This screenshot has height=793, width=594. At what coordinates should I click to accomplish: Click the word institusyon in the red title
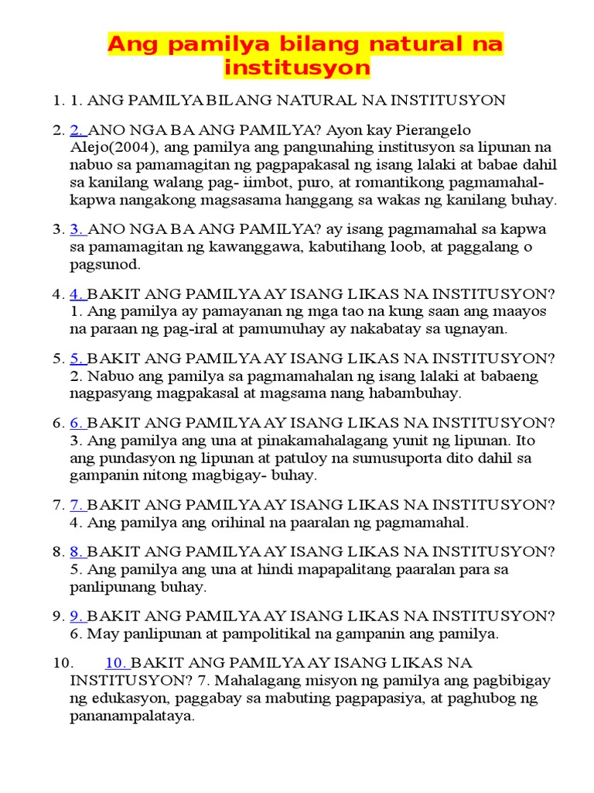297,68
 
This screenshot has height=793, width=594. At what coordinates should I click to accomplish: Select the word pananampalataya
131,716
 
